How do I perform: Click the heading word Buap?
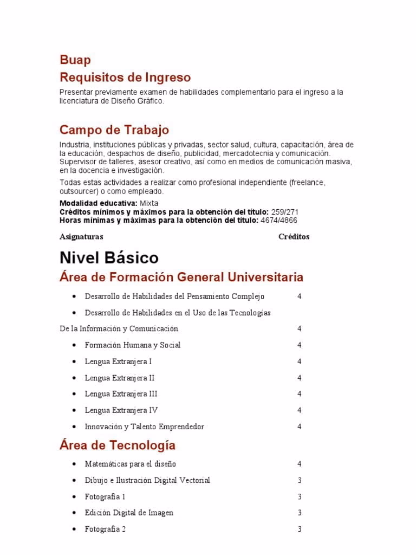pyautogui.click(x=75, y=60)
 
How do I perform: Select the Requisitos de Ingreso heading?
pyautogui.click(x=125, y=77)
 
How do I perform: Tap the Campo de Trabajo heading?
pyautogui.click(x=114, y=130)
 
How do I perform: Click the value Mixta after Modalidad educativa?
pyautogui.click(x=149, y=203)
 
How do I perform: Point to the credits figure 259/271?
pyautogui.click(x=284, y=212)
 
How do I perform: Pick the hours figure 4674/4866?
pyautogui.click(x=278, y=221)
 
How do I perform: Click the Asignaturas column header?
pyautogui.click(x=81, y=237)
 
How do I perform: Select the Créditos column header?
pyautogui.click(x=294, y=237)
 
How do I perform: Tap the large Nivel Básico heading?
pyautogui.click(x=109, y=257)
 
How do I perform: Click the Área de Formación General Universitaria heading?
pyautogui.click(x=181, y=277)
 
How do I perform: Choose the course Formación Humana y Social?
pyautogui.click(x=133, y=345)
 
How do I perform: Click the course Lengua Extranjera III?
pyautogui.click(x=121, y=394)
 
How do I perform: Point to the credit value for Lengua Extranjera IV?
pyautogui.click(x=299, y=410)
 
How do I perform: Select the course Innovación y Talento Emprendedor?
pyautogui.click(x=145, y=427)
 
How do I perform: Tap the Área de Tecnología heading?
pyautogui.click(x=118, y=446)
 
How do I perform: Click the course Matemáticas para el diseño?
pyautogui.click(x=131, y=464)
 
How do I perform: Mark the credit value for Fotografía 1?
pyautogui.click(x=299, y=496)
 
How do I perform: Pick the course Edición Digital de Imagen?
pyautogui.click(x=129, y=513)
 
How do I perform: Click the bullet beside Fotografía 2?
pyautogui.click(x=74, y=529)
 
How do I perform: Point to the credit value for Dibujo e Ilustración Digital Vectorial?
pyautogui.click(x=299, y=480)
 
